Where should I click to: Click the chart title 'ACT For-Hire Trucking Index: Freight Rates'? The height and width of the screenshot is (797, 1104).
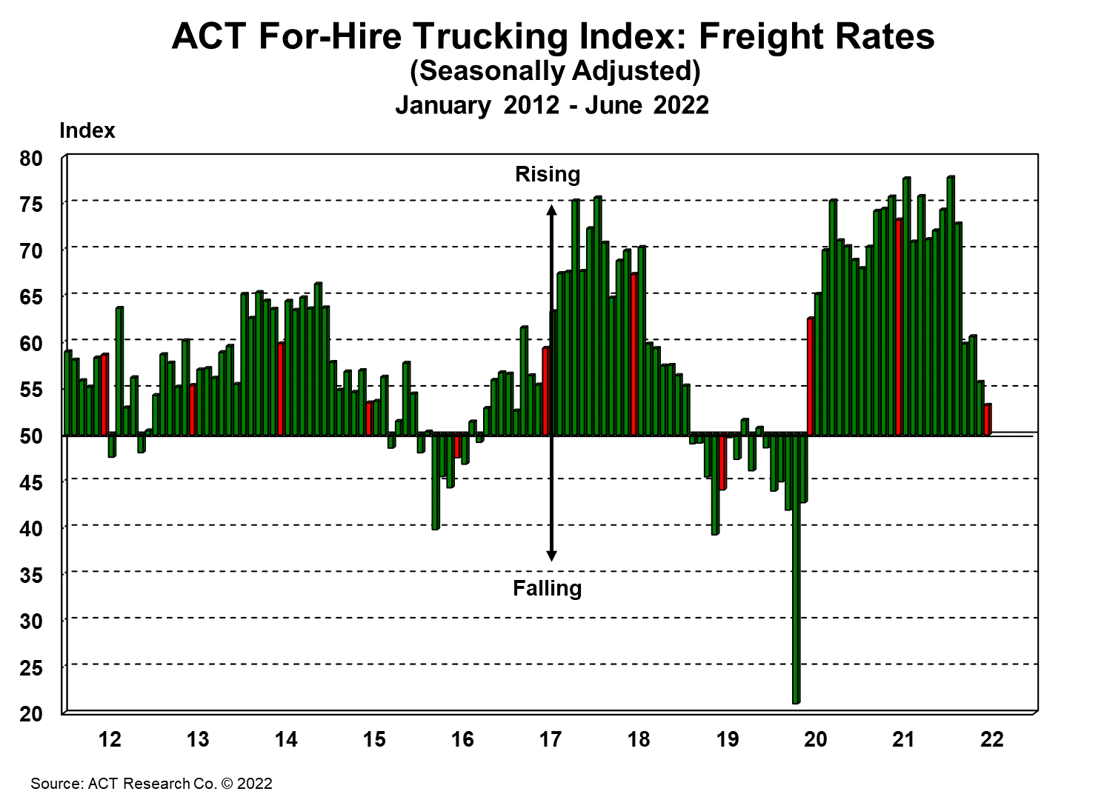[x=553, y=36]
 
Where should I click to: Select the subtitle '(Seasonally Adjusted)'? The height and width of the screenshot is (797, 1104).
[x=555, y=71]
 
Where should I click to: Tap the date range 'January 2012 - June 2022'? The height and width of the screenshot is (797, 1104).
[x=552, y=104]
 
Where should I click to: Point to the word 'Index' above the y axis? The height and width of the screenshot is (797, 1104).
[x=87, y=130]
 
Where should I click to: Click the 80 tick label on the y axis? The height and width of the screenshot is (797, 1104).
[x=31, y=159]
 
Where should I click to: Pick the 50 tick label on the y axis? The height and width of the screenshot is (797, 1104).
[x=31, y=436]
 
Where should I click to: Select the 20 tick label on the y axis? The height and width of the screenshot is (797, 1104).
[x=31, y=714]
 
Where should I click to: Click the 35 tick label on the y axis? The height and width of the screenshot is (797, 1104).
[x=31, y=576]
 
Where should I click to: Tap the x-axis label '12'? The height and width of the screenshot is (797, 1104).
[x=110, y=739]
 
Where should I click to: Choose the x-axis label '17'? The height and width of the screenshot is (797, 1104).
[x=551, y=739]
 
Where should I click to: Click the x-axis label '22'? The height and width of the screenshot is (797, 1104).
[x=992, y=739]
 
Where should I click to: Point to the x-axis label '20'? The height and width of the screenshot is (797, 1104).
[x=816, y=739]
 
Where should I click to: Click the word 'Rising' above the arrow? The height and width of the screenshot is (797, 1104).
[x=548, y=175]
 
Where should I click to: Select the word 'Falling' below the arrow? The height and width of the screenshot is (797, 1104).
[x=548, y=589]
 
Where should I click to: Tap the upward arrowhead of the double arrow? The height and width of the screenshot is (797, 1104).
[x=551, y=210]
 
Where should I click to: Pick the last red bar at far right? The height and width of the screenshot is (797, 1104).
[x=988, y=419]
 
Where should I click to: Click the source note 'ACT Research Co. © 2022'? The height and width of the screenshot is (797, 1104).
[x=151, y=784]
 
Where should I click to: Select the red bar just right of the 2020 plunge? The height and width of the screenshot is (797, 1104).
[x=811, y=376]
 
